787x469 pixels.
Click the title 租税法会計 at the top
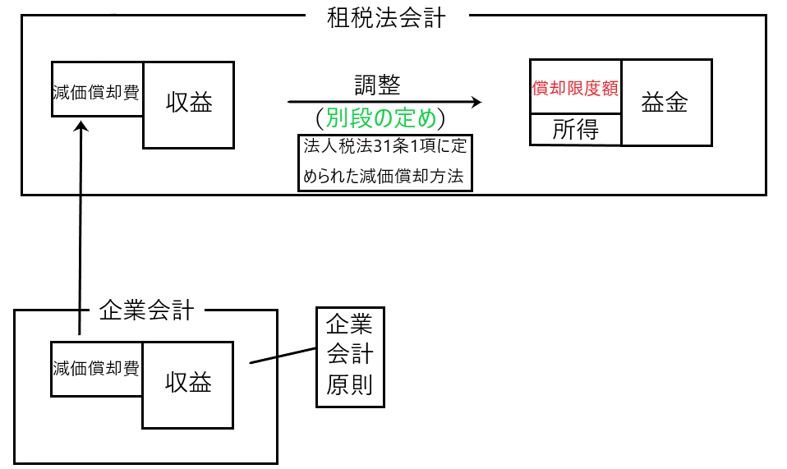(x=386, y=17)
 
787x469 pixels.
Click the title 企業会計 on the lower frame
(x=146, y=310)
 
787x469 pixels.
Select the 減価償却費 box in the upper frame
(x=95, y=90)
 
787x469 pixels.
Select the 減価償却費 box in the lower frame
(x=95, y=368)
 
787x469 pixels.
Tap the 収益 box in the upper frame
(x=189, y=103)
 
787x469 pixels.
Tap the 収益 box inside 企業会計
(x=188, y=384)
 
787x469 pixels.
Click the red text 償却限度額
(x=575, y=88)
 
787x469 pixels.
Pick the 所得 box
(x=575, y=130)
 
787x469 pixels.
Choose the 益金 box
(x=665, y=102)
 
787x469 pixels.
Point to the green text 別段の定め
(x=382, y=118)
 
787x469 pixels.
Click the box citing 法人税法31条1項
(x=385, y=162)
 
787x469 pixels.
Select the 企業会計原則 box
(x=350, y=356)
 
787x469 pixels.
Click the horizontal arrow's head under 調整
(x=476, y=102)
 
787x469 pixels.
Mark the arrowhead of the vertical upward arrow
(x=81, y=126)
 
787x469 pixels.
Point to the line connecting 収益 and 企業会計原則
(x=283, y=356)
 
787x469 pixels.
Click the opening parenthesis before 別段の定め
(x=320, y=119)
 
